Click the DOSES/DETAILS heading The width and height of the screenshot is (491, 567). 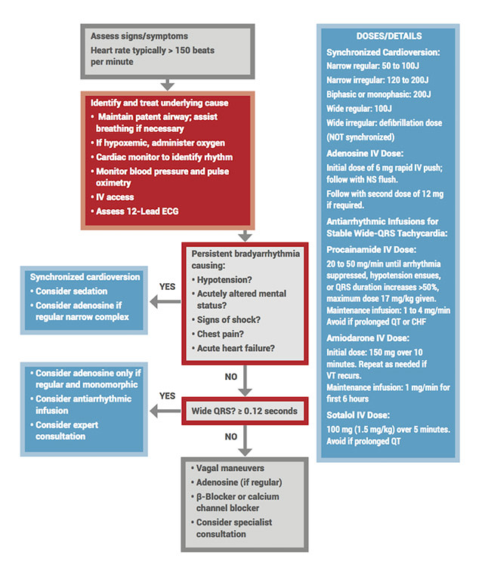(389, 35)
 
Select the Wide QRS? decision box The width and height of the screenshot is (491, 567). (243, 411)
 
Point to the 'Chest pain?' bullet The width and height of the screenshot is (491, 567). (220, 334)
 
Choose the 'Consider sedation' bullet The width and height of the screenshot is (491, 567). (71, 291)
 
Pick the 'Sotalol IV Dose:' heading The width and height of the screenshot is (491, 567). (357, 414)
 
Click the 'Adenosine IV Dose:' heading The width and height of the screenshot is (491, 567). (364, 153)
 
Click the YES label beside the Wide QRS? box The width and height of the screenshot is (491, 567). (168, 396)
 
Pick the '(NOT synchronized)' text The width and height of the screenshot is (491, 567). (360, 137)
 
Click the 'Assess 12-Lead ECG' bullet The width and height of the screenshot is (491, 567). (137, 212)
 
